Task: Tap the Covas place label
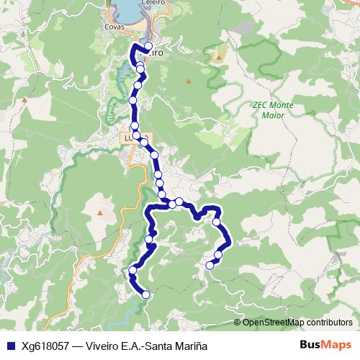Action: pos(114,27)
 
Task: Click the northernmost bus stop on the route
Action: pos(148,47)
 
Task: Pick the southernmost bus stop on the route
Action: pos(146,294)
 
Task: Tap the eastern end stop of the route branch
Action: pos(210,266)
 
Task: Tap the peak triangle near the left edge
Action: pos(24,100)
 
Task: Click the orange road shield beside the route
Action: pos(129,137)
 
